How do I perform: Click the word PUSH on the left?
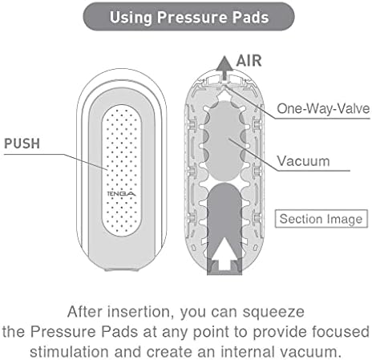pos(22,144)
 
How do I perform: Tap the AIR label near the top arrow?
pos(249,61)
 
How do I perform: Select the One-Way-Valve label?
pos(323,109)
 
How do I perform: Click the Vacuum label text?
pos(303,161)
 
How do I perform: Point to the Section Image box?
pos(321,219)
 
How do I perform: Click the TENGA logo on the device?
pos(121,193)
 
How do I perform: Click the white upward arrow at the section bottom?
pos(224,254)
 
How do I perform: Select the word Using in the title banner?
pos(131,18)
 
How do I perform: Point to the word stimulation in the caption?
pos(70,352)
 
